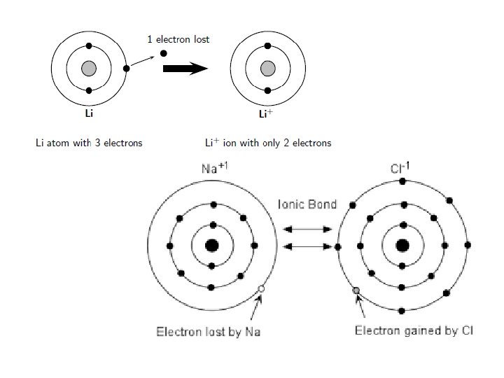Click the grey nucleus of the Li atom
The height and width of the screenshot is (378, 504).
click(x=89, y=69)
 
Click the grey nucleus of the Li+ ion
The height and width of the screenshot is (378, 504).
click(x=267, y=69)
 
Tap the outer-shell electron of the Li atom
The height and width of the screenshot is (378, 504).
click(x=126, y=69)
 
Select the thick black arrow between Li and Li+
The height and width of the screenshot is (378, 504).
click(x=185, y=69)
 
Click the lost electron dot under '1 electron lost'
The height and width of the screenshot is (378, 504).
click(x=164, y=53)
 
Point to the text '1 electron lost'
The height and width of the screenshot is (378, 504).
click(x=178, y=39)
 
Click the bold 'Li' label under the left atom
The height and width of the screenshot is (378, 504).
click(x=89, y=112)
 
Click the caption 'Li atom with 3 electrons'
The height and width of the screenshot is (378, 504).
click(x=89, y=143)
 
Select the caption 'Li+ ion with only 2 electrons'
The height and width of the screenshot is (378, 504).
click(x=268, y=143)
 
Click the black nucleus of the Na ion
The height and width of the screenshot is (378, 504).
click(x=211, y=246)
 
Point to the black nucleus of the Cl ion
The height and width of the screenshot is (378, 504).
click(x=402, y=246)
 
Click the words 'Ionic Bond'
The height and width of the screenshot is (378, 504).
click(x=307, y=204)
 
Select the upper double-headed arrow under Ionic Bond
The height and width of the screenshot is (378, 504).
click(x=307, y=229)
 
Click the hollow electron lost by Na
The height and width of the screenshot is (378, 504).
click(x=261, y=288)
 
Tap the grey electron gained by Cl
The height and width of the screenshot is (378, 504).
click(x=356, y=290)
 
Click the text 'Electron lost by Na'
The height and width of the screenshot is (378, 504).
click(x=208, y=331)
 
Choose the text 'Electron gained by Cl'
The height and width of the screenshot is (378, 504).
click(x=414, y=330)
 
